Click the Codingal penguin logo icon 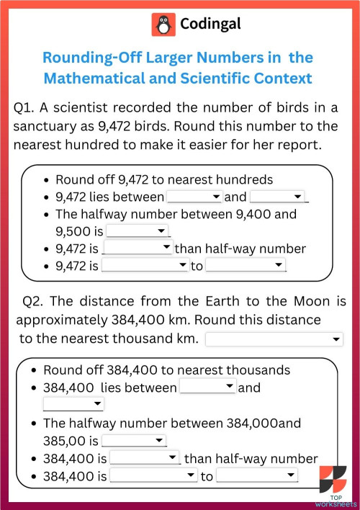[163, 24]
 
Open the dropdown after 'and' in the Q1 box [279, 197]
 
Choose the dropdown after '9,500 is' [137, 231]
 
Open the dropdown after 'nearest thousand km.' [274, 339]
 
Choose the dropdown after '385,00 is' [135, 440]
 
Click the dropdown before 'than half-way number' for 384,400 [144, 458]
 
